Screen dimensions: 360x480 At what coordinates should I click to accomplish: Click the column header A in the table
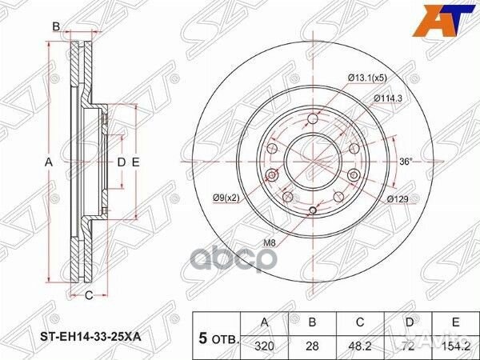point(266,322)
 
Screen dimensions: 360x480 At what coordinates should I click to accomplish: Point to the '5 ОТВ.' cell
point(216,337)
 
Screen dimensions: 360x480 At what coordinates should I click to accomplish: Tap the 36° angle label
point(406,162)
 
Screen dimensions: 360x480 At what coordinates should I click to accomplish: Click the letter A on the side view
point(48,162)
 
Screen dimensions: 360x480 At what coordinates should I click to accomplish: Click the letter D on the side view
point(122,162)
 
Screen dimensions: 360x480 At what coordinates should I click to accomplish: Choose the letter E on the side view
point(136,162)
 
